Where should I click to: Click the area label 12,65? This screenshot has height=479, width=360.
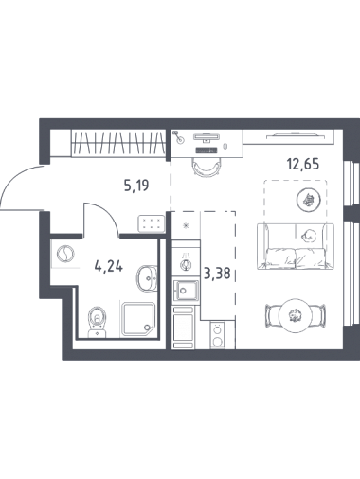pos(303,165)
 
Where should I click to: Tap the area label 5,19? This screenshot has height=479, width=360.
pos(136,186)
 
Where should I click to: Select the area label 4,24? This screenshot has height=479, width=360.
pos(109,267)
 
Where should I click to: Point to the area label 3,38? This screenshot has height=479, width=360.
pos(217,274)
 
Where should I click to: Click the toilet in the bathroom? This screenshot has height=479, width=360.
pos(98,322)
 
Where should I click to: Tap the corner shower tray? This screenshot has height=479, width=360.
pos(138,319)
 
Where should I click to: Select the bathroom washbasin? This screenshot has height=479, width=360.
pos(147,278)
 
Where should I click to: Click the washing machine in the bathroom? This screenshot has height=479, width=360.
pos(65,254)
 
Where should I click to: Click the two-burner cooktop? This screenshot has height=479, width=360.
pos(217,335)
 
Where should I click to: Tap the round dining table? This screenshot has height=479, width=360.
pos(296,315)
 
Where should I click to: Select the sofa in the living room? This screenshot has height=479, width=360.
pos(296,246)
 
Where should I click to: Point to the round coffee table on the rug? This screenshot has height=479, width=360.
pos(309,200)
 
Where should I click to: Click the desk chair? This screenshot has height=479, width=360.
pos(207,167)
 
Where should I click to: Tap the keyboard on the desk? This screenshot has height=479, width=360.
pos(207,150)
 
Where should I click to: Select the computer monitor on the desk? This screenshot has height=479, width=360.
pos(207,137)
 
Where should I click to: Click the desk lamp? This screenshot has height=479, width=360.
pos(179,137)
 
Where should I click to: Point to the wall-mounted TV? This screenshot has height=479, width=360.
pos(296,135)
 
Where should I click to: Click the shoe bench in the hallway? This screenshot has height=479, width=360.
pos(152,223)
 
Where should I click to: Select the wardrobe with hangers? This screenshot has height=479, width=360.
pos(118,143)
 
